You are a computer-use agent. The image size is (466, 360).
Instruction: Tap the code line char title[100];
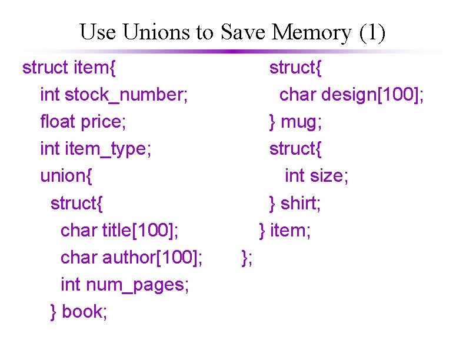point(120,230)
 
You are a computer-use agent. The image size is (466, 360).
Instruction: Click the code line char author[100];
point(132,258)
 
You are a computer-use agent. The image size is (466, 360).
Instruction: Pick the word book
point(84,312)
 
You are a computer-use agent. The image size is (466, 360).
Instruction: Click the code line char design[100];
point(352,95)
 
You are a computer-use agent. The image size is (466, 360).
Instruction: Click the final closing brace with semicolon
point(247,257)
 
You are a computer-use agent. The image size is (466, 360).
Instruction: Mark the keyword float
point(58,122)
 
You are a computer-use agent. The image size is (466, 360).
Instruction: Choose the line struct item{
point(69,68)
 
